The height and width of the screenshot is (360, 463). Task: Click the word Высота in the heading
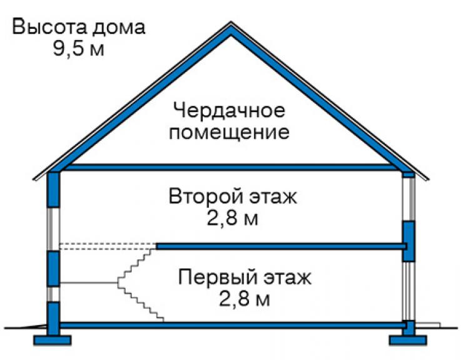pyautogui.click(x=49, y=27)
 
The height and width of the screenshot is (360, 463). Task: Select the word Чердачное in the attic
pyautogui.click(x=229, y=111)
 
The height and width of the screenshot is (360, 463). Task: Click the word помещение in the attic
pyautogui.click(x=229, y=133)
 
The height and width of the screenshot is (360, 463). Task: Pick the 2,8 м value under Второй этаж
pyautogui.click(x=232, y=219)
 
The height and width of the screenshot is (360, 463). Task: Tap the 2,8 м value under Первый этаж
pyautogui.click(x=244, y=299)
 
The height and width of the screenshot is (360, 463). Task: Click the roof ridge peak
pyautogui.click(x=231, y=23)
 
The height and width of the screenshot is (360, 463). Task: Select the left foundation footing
pyautogui.click(x=53, y=340)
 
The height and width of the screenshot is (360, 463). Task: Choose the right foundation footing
pyautogui.click(x=408, y=340)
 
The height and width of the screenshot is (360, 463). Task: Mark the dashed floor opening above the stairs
pyautogui.click(x=108, y=247)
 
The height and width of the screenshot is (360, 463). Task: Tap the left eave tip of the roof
pyautogui.click(x=33, y=179)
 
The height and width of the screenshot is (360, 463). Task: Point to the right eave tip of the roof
pyautogui.click(x=428, y=179)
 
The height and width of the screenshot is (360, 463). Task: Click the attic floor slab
pyautogui.click(x=231, y=168)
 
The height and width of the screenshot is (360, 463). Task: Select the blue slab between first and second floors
pyautogui.click(x=282, y=246)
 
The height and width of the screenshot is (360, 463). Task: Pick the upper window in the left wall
pyautogui.click(x=53, y=229)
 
